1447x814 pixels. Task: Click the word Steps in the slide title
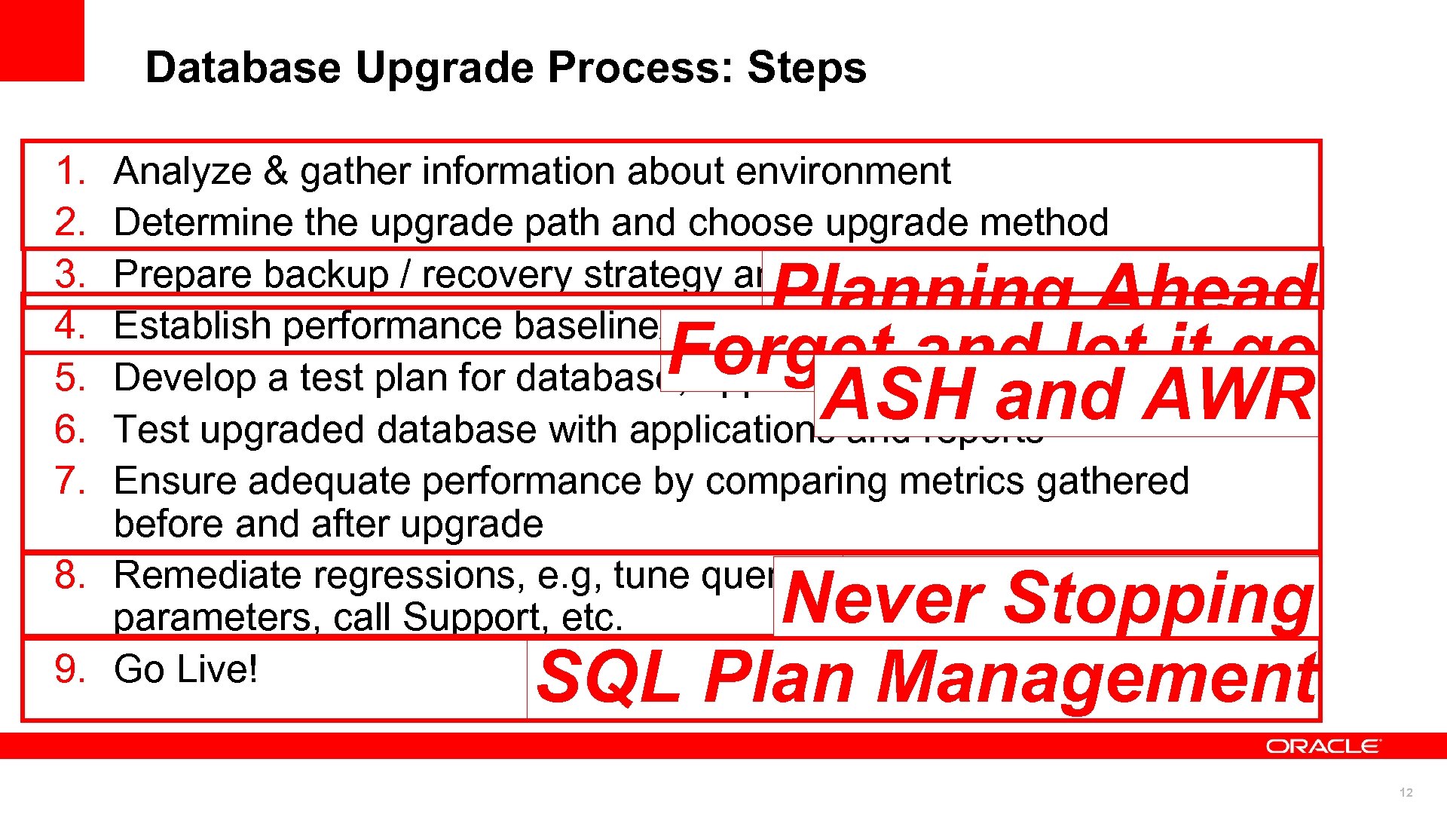(806, 68)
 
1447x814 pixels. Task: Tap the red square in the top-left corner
(41, 39)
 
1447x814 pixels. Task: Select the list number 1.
(70, 171)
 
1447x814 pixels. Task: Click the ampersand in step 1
(276, 171)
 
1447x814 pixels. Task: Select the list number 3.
(70, 274)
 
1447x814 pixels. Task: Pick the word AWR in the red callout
(1228, 396)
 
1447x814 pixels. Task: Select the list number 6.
(70, 430)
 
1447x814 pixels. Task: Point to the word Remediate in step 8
(203, 575)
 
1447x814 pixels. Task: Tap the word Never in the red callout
(882, 599)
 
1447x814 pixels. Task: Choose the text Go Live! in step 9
(185, 669)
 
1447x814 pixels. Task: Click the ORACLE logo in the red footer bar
(1323, 746)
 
